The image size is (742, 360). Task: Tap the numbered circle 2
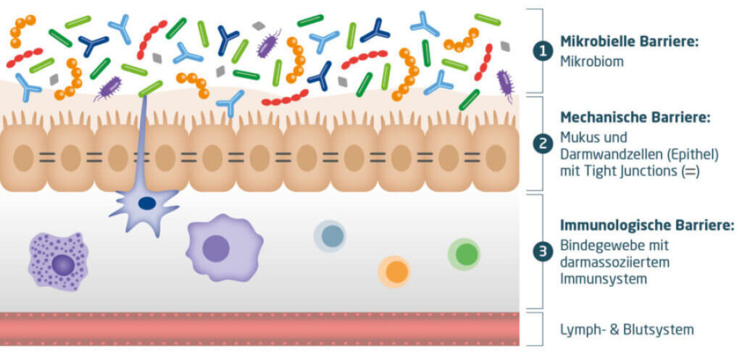point(541,144)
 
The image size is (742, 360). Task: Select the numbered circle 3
point(541,252)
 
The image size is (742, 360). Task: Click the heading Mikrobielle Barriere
point(629,41)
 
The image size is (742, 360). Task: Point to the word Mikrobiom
point(592,62)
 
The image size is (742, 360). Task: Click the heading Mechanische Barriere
point(635,117)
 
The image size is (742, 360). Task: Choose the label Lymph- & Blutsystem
point(627,330)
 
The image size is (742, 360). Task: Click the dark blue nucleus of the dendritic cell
point(146,204)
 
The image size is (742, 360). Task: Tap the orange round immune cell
point(394,271)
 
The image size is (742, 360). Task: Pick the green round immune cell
point(464,254)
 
